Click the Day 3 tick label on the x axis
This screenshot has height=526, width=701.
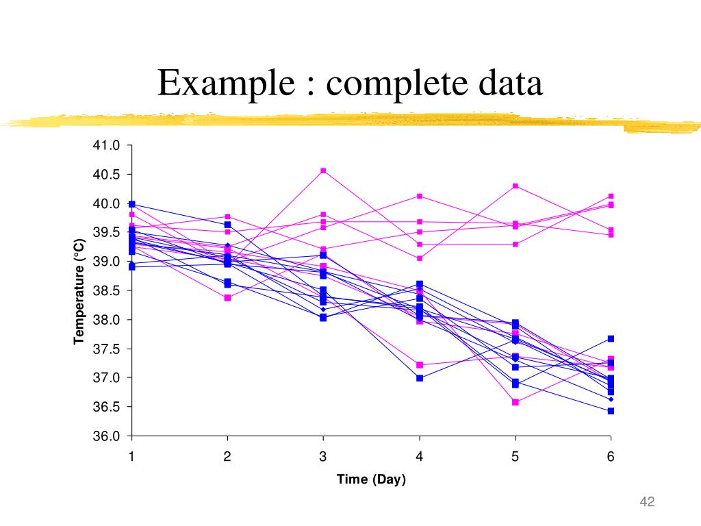323,457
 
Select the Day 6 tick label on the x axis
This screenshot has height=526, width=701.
611,457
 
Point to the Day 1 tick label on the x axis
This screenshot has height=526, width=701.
131,457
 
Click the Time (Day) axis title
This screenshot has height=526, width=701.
371,479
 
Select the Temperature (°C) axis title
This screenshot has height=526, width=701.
79,290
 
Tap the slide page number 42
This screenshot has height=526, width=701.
647,503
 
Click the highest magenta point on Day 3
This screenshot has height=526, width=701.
323,171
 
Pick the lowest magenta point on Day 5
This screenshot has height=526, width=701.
515,402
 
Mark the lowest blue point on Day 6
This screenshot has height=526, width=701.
611,411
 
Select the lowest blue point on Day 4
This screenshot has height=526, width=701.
419,378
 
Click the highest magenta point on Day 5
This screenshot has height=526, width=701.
515,186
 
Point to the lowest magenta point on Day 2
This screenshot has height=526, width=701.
227,297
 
